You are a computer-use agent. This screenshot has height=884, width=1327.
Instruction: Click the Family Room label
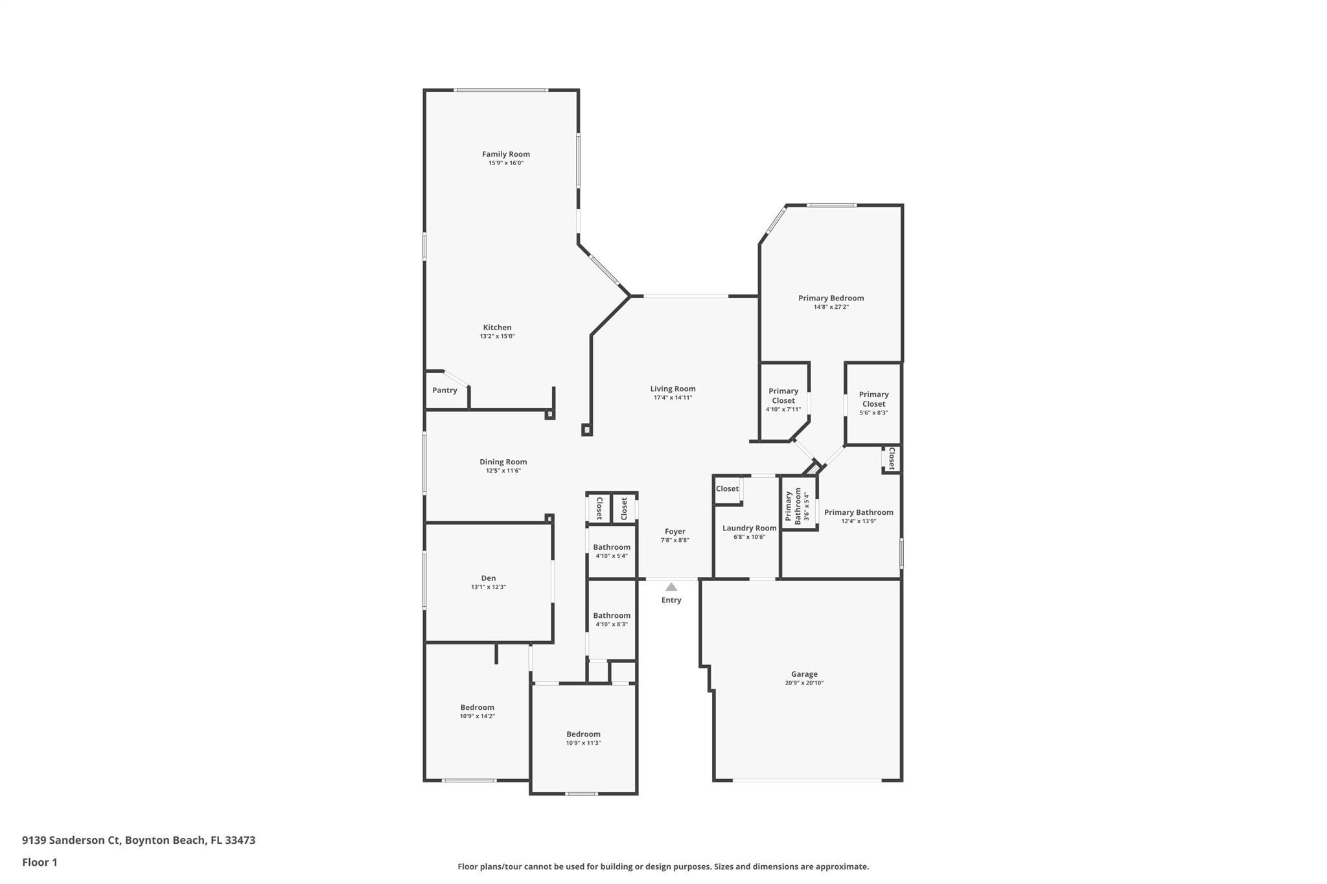(505, 154)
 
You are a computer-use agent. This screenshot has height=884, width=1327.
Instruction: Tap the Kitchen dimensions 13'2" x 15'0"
(497, 337)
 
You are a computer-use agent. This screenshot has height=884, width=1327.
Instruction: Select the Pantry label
(444, 391)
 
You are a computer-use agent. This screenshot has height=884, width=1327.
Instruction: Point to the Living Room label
(673, 389)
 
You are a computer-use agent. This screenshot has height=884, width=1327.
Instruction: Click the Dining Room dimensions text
(503, 471)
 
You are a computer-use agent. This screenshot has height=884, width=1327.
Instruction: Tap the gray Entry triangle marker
(671, 587)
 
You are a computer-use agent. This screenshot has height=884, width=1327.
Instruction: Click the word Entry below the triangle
(671, 600)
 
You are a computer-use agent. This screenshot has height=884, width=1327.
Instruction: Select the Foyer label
(675, 532)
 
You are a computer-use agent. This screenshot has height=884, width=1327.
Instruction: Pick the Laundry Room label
(749, 528)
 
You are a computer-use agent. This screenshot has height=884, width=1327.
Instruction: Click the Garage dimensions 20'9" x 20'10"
(804, 683)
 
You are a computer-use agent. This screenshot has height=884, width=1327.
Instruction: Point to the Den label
(488, 578)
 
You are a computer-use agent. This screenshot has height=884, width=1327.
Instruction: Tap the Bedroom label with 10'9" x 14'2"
(477, 707)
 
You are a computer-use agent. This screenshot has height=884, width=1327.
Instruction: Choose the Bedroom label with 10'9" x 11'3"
(583, 734)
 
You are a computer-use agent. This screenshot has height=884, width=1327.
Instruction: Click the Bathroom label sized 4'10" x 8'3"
(611, 616)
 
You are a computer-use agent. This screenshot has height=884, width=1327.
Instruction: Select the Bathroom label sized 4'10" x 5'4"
(611, 547)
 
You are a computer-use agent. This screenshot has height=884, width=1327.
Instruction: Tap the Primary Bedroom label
(831, 299)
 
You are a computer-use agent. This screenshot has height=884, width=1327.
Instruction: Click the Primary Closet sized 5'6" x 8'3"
(873, 399)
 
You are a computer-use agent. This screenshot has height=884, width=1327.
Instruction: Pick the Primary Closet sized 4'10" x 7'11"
(783, 396)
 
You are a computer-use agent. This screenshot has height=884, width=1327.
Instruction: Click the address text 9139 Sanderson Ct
(71, 841)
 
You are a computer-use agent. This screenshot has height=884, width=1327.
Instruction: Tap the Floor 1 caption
(40, 863)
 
